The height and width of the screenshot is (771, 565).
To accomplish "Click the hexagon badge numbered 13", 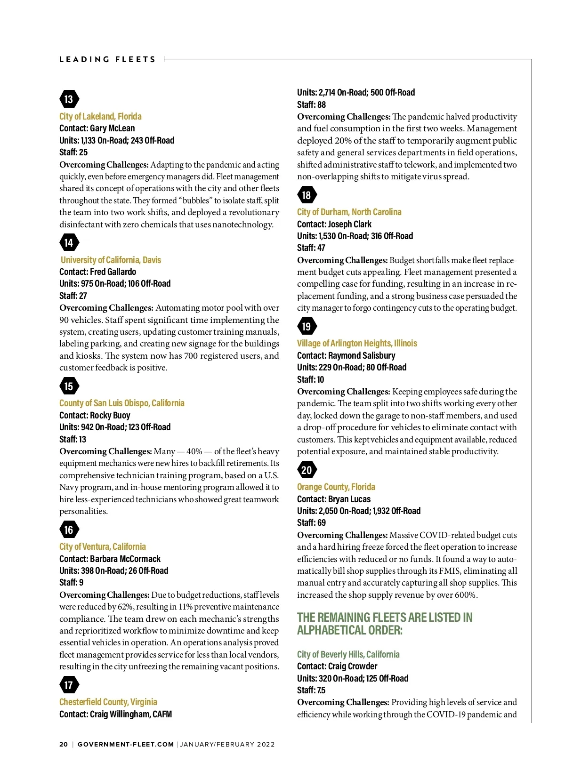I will pos(69,99).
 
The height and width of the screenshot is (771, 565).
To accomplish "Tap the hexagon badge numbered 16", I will pos(69,530).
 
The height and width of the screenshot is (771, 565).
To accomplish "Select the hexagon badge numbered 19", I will pos(307,326).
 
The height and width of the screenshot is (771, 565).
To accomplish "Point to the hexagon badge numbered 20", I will pos(307,470).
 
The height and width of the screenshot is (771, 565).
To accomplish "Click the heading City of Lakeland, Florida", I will pos(100,116).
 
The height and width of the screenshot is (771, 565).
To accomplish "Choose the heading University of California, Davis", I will pos(111,260).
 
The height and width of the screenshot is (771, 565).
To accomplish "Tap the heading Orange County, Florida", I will pos(336,487).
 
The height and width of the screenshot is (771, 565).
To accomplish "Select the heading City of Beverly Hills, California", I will pos(348,654).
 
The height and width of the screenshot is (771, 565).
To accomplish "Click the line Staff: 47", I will pos(311,248).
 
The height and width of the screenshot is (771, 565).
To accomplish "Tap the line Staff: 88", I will pos(311,104).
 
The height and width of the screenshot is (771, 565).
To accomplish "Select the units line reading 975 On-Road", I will pos(115,283).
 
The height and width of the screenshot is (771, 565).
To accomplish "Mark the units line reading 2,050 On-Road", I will pos(358,511).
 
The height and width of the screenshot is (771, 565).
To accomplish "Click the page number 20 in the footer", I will pos(64,744).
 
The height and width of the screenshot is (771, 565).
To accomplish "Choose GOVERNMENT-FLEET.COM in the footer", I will pos(126,744).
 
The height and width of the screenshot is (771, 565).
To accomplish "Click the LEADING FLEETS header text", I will pos(107,59).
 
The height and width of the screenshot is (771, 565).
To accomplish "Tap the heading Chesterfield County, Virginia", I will pos(108,702).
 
